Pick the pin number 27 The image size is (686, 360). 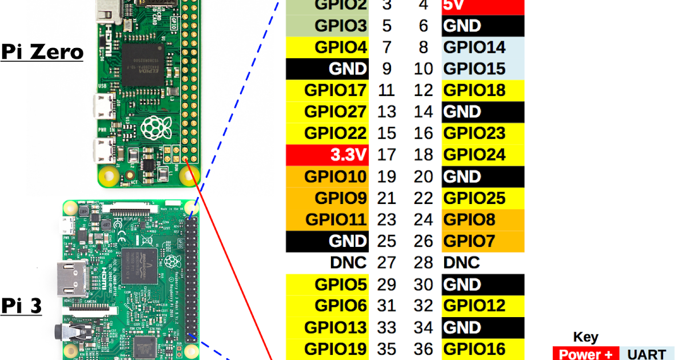coord(387,263)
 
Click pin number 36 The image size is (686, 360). coord(424,349)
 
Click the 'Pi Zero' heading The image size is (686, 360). coord(42,52)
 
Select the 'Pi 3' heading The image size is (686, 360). coord(22,306)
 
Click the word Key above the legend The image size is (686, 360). coord(585,337)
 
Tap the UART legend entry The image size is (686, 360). coord(649,354)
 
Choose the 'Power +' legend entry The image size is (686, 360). coord(586,354)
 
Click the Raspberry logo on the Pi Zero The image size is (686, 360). coord(153,127)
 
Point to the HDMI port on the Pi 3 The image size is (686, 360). coord(69,279)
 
